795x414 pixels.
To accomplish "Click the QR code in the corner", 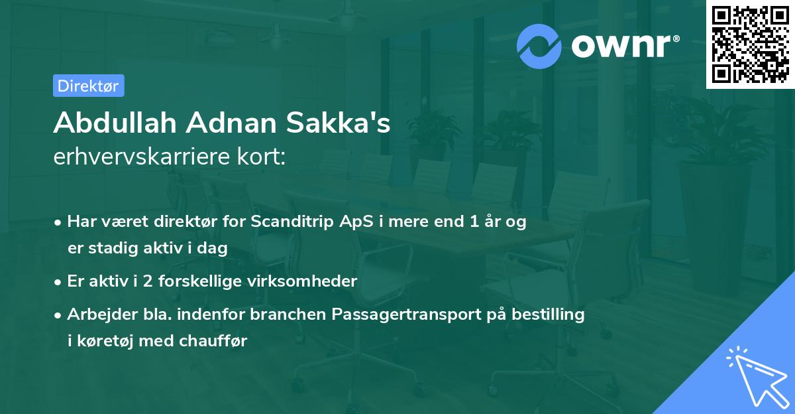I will pos(751,44).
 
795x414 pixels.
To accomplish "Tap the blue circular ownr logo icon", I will pos(540,46).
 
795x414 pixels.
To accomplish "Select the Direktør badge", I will pos(88,86).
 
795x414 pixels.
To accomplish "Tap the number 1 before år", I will pos(474,222).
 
